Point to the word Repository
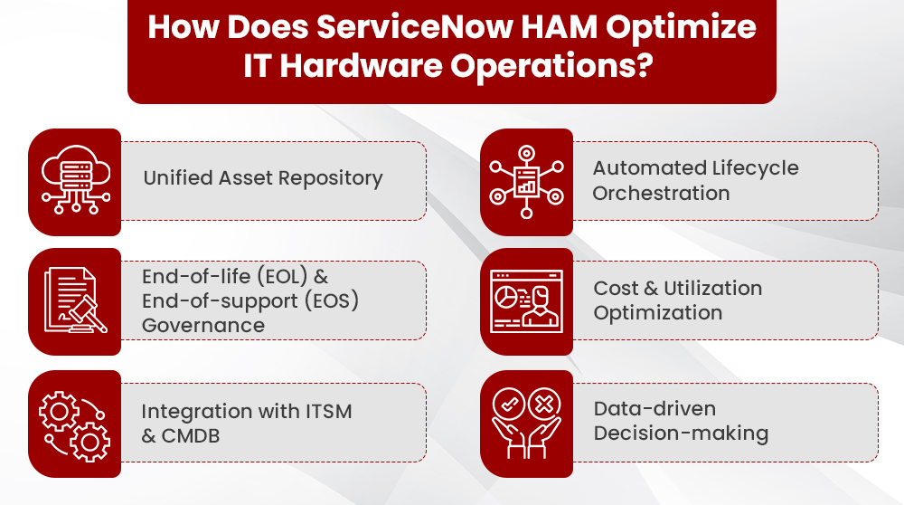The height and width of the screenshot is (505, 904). pos(330,178)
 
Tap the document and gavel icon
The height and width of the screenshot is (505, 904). pos(74,301)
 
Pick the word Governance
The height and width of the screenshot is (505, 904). pos(203,325)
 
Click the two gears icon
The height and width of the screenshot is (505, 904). pos(74,424)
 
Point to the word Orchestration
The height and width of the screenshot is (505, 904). pos(661,193)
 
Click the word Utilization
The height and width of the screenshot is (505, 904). pos(713,288)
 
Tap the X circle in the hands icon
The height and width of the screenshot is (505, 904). pos(546,404)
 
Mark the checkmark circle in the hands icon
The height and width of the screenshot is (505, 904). pos(507,404)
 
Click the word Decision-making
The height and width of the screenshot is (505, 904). pos(681,434)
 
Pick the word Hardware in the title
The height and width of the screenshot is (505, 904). pos(383,68)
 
